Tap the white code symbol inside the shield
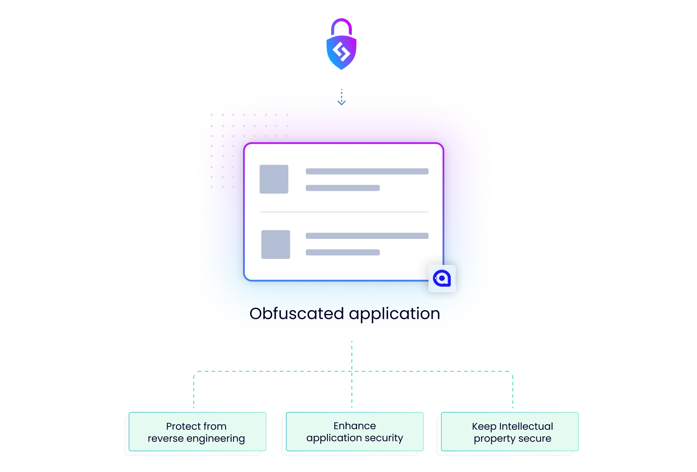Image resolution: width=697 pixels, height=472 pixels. (x=341, y=52)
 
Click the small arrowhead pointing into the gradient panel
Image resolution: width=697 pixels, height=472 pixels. (x=341, y=101)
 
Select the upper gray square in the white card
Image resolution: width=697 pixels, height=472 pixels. (x=274, y=179)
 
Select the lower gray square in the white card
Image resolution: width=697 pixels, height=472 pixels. (x=275, y=244)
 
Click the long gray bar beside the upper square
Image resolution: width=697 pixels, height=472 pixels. (x=367, y=171)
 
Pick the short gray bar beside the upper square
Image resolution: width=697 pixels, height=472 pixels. (x=342, y=188)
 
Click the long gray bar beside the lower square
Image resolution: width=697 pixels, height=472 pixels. (x=367, y=236)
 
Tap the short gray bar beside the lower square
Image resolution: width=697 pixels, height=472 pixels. (x=342, y=252)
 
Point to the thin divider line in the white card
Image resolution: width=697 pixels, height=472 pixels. (x=344, y=212)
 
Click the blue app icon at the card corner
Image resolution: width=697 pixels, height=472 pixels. (x=442, y=278)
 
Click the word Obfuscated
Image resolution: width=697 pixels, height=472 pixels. (x=297, y=314)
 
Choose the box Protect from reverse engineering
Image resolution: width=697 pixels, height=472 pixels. (x=197, y=431)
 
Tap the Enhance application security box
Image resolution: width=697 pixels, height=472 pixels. (x=355, y=431)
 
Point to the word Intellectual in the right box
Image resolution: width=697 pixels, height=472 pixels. (x=526, y=426)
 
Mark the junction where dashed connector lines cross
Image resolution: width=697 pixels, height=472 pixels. (x=352, y=372)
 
